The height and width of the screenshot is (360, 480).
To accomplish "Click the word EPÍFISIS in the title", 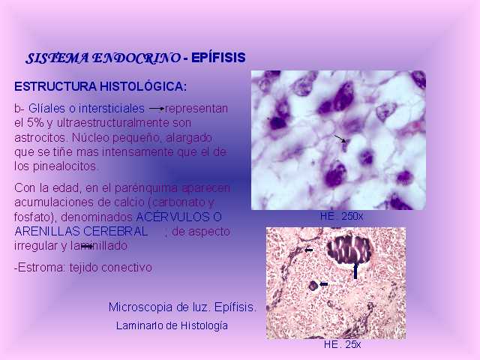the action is coord(218,58).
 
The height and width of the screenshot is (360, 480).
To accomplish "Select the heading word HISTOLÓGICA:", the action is coord(143,87).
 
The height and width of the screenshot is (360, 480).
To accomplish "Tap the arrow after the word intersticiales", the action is coord(157,108).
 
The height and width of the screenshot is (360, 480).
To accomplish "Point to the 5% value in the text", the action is coord(35,123).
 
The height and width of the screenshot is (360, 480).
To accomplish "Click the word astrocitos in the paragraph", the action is coord(40,138).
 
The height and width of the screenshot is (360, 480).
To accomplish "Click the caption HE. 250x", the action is coord(341,217).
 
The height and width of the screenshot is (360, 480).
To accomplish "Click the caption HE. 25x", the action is coord(342,344).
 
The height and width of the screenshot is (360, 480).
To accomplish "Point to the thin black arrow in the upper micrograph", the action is coord(340,138).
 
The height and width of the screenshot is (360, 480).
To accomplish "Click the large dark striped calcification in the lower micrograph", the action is coord(349,249).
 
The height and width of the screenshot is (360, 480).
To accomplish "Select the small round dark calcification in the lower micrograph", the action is coord(313,286).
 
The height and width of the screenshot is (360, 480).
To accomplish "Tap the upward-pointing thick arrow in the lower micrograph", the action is coord(355,271).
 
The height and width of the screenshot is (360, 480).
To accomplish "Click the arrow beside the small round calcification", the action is coord(323,284).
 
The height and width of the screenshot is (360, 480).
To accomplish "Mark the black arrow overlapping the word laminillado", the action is coord(87,246).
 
